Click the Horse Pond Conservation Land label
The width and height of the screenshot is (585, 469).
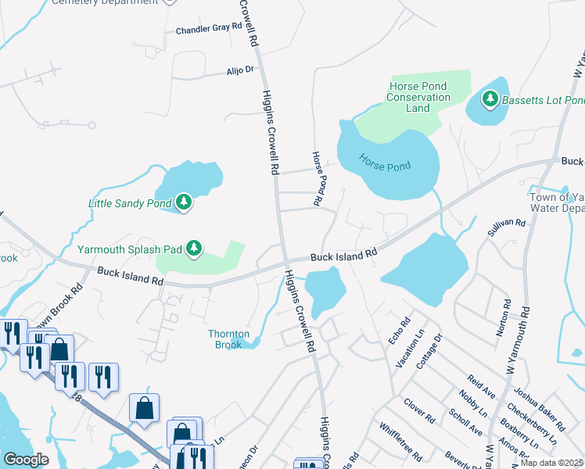click(x=418, y=97)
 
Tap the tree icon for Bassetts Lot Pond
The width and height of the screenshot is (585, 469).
click(x=490, y=99)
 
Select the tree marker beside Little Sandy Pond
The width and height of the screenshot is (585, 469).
click(x=184, y=203)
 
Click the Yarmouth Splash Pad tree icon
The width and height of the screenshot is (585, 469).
click(x=194, y=249)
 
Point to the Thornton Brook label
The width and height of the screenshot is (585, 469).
click(x=228, y=339)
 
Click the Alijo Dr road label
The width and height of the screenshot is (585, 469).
click(x=240, y=70)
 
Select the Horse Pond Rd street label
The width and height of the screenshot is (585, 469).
click(x=318, y=179)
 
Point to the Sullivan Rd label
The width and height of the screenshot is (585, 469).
click(x=506, y=224)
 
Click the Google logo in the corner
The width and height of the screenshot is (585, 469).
click(x=27, y=459)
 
